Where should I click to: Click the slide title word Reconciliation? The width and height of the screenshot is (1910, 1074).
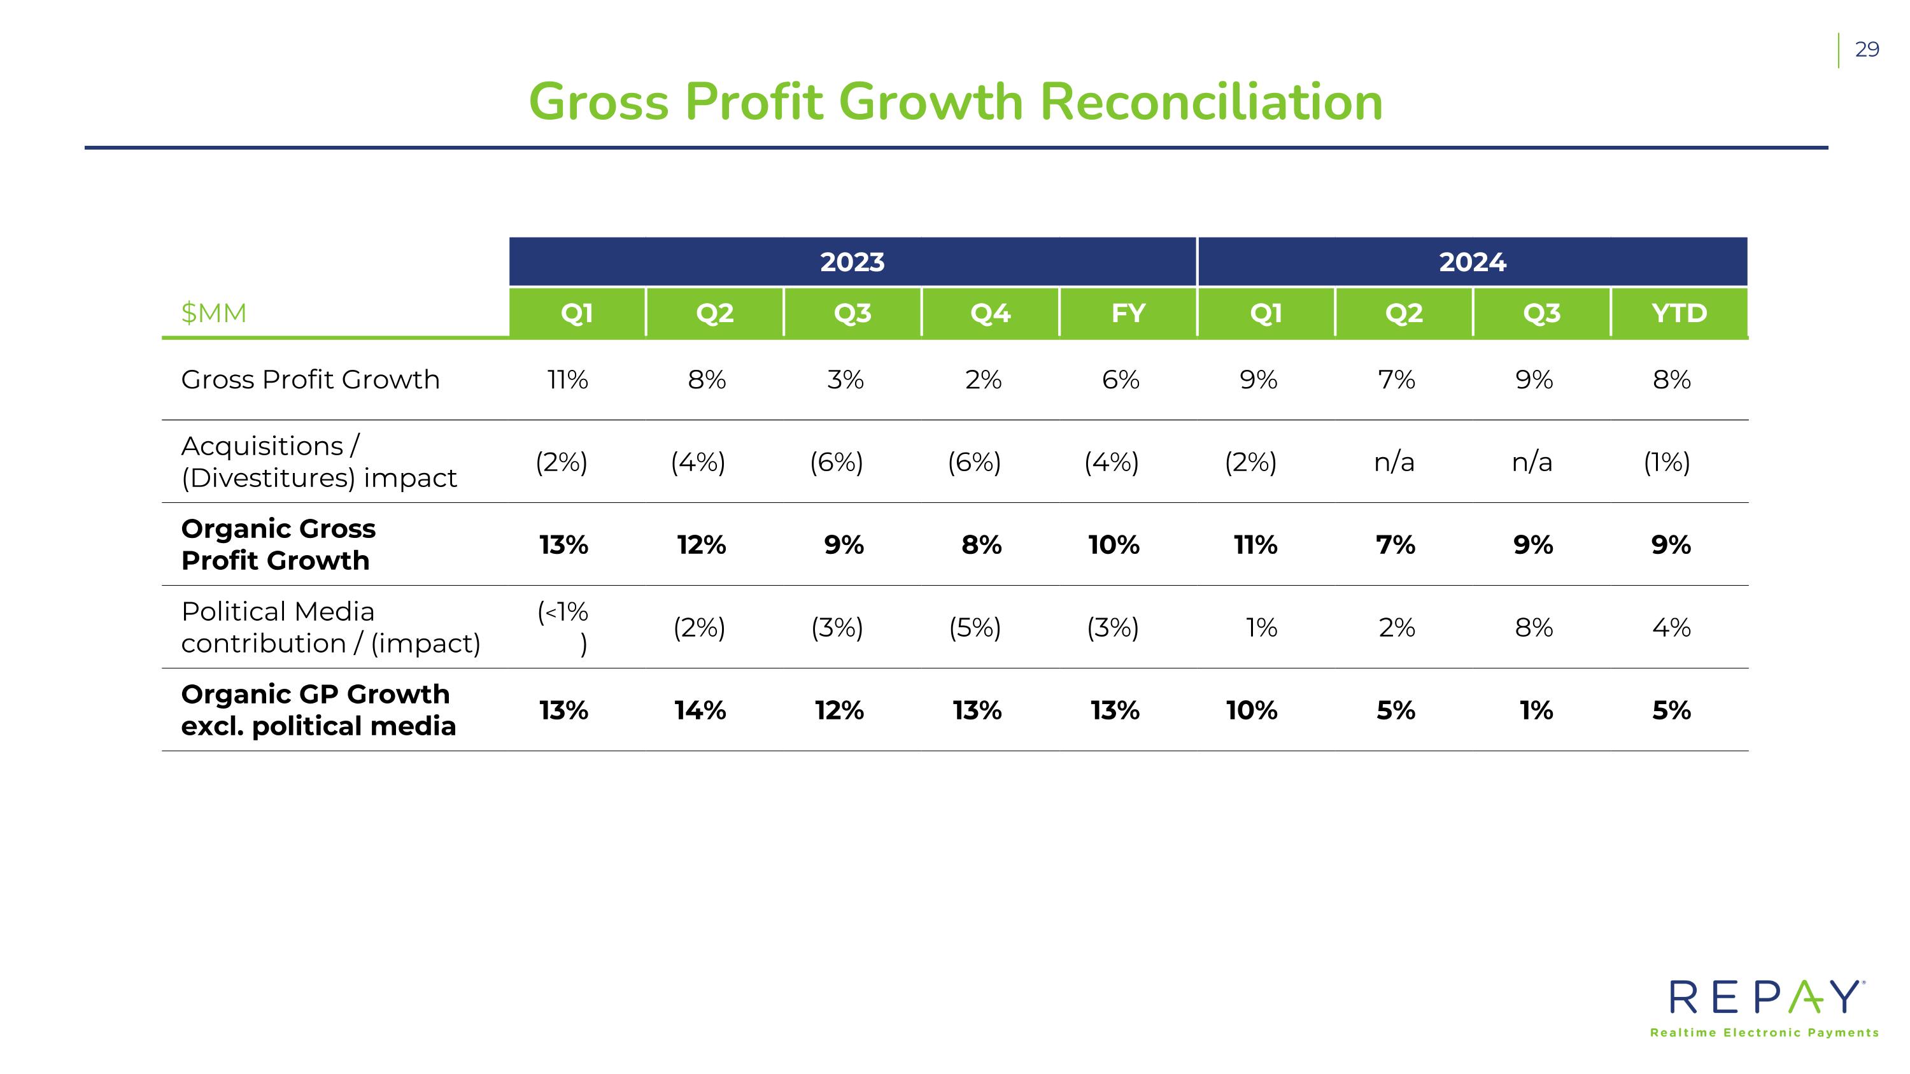pyautogui.click(x=1211, y=102)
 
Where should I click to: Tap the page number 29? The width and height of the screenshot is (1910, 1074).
pyautogui.click(x=1867, y=50)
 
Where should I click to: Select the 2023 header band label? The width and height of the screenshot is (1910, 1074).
pyautogui.click(x=852, y=262)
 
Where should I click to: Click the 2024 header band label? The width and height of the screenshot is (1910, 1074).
pyautogui.click(x=1473, y=262)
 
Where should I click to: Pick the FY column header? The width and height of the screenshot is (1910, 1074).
pyautogui.click(x=1129, y=313)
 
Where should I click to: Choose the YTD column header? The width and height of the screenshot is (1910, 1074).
pyautogui.click(x=1680, y=313)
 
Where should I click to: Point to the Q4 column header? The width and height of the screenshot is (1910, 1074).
pyautogui.click(x=991, y=313)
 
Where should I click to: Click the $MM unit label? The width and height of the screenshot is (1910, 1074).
pyautogui.click(x=213, y=313)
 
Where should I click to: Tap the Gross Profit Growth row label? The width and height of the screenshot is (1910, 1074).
pyautogui.click(x=310, y=379)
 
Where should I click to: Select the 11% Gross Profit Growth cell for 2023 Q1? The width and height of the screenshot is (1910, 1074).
pyautogui.click(x=567, y=379)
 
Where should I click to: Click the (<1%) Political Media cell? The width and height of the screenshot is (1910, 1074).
pyautogui.click(x=563, y=628)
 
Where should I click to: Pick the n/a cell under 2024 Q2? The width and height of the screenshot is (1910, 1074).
pyautogui.click(x=1394, y=462)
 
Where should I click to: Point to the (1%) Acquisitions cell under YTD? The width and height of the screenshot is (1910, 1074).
pyautogui.click(x=1667, y=462)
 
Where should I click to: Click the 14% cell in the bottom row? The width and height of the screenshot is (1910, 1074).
pyautogui.click(x=700, y=711)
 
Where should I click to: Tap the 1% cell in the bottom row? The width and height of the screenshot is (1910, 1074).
pyautogui.click(x=1536, y=711)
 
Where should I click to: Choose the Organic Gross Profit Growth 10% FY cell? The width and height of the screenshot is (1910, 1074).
pyautogui.click(x=1114, y=545)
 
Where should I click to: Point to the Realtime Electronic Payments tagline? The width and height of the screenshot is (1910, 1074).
pyautogui.click(x=1765, y=1033)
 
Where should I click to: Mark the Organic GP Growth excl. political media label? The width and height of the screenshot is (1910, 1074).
pyautogui.click(x=318, y=710)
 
